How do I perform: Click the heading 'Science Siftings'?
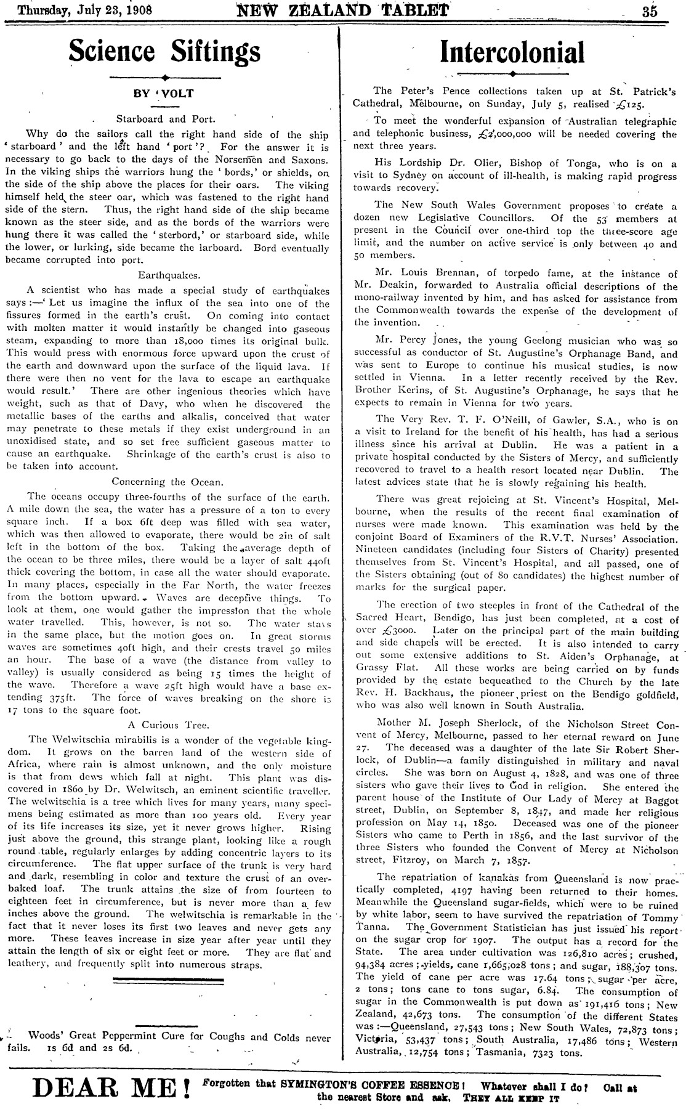point(165,51)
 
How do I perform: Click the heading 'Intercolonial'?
point(512,52)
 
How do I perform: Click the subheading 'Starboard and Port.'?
point(166,119)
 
